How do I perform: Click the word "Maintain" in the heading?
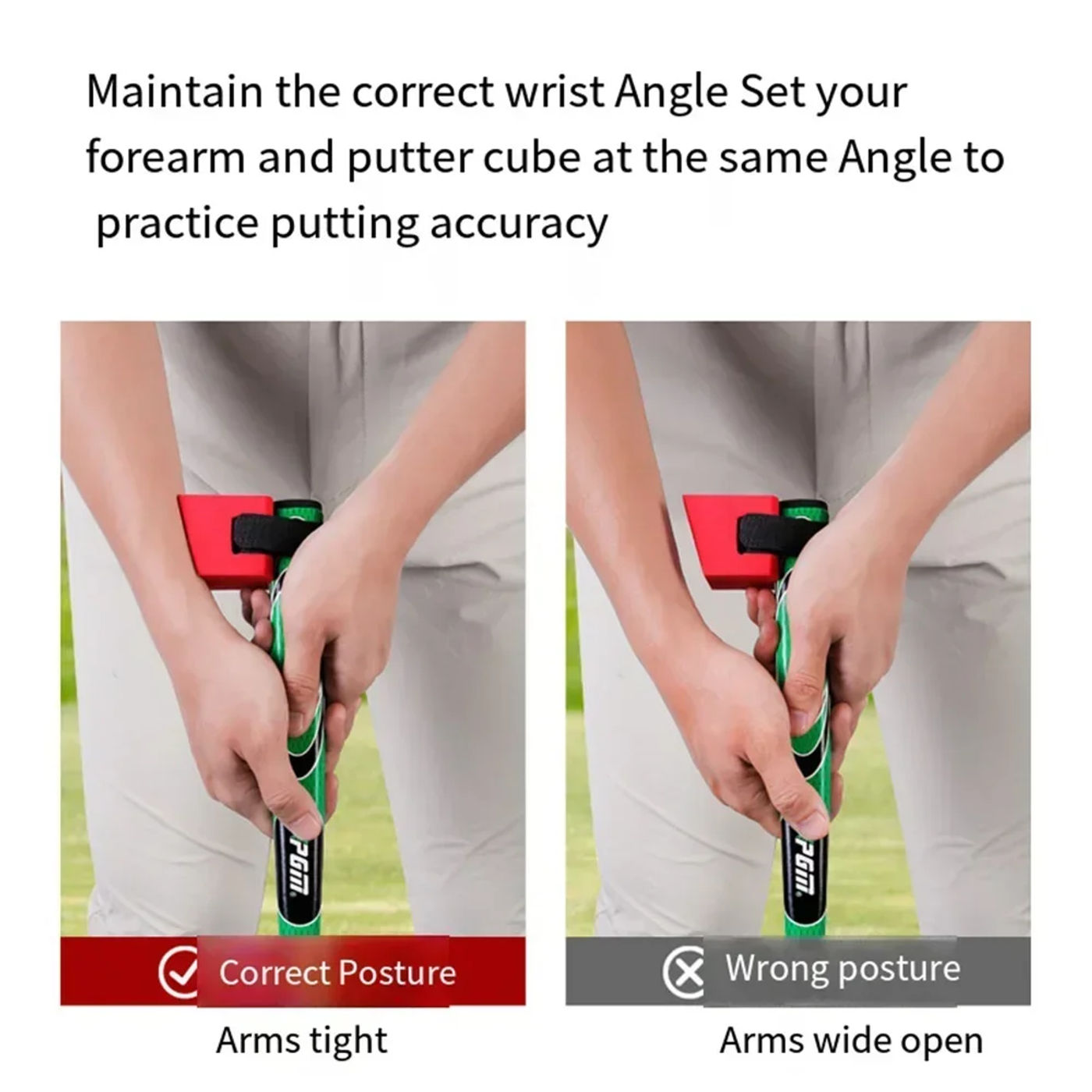click(175, 92)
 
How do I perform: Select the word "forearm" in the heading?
click(165, 158)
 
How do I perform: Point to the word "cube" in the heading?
click(532, 158)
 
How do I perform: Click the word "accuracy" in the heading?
click(519, 225)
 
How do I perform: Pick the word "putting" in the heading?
click(345, 225)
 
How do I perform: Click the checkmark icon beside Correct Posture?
click(177, 973)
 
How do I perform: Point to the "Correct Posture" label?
click(337, 973)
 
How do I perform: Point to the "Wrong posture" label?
click(842, 969)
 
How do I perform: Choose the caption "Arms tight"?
click(302, 1041)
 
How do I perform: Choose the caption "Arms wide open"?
click(851, 1041)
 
